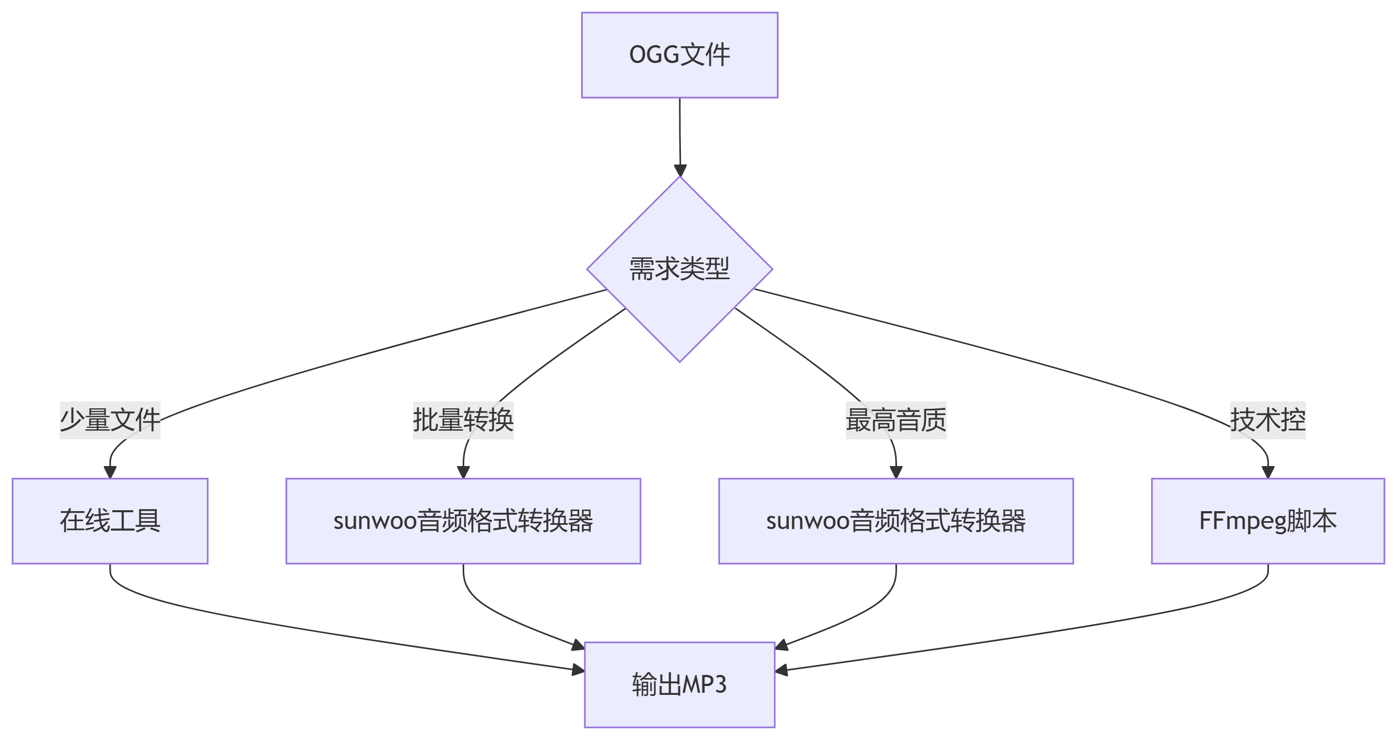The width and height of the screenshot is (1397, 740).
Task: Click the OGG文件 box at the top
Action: (679, 55)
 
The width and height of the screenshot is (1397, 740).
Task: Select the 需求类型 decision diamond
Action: (679, 269)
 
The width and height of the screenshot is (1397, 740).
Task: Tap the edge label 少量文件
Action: (110, 420)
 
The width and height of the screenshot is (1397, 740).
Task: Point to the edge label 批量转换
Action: (463, 420)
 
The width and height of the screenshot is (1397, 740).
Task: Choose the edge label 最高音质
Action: (896, 420)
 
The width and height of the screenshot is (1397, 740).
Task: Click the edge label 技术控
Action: (1268, 420)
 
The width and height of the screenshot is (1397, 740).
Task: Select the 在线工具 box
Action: (110, 521)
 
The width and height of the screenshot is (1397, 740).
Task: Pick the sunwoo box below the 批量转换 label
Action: (463, 521)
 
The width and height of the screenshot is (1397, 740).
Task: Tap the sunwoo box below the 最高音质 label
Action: (896, 521)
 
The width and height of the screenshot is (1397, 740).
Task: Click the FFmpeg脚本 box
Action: (1268, 521)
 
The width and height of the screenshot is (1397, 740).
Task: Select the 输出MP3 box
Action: (679, 685)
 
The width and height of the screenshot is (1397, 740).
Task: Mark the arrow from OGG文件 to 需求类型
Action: (680, 138)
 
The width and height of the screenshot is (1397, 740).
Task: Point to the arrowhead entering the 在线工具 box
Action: (110, 471)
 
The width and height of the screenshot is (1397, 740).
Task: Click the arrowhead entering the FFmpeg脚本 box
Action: (1268, 471)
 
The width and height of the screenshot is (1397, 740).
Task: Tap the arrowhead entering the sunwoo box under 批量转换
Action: (463, 471)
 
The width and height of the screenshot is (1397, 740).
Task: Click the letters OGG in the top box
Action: (654, 55)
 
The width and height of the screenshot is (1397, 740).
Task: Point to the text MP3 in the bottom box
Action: (703, 685)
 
